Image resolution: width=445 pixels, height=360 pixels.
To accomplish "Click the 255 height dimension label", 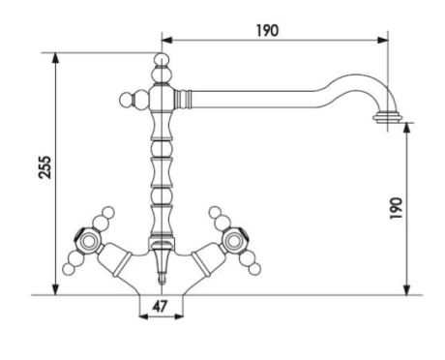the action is [44, 167].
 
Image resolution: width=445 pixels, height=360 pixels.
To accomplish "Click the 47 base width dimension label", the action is [161, 306].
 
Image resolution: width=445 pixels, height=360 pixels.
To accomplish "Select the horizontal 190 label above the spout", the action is [268, 31].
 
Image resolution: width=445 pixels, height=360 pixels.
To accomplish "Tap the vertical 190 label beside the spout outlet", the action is [397, 208].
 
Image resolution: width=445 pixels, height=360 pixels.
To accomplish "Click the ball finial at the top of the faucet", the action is [162, 60].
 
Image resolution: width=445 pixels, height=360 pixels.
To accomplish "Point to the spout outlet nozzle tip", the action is [388, 117].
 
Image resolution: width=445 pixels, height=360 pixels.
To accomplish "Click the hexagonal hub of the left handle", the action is [86, 240].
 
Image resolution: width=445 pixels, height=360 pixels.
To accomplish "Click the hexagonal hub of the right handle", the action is [235, 240].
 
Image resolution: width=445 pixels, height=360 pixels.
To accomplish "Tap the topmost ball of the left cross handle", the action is [108, 212].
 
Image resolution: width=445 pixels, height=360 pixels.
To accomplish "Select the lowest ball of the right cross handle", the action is [254, 269].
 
